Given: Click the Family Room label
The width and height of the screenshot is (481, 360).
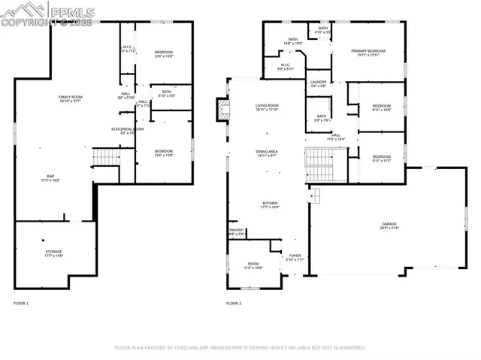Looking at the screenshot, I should tap(74, 98).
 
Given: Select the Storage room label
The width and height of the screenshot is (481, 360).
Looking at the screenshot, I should tap(53, 252).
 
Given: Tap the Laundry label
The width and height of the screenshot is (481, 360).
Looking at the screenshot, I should tap(319, 82).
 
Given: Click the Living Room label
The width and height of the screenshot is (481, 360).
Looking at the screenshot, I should tap(267, 106).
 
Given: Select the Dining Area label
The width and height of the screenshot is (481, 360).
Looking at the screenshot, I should tap(267, 152).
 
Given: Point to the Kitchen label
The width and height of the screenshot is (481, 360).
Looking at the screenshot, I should tap(270, 203).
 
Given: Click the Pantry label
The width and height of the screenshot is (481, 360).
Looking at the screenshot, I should tap(235, 231).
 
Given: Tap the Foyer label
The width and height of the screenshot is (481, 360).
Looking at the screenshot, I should tap(295, 256).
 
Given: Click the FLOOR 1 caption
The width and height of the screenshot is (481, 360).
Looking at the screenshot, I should tap(21, 304).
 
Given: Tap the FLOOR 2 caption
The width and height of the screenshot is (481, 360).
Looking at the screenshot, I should tap(234, 304).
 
